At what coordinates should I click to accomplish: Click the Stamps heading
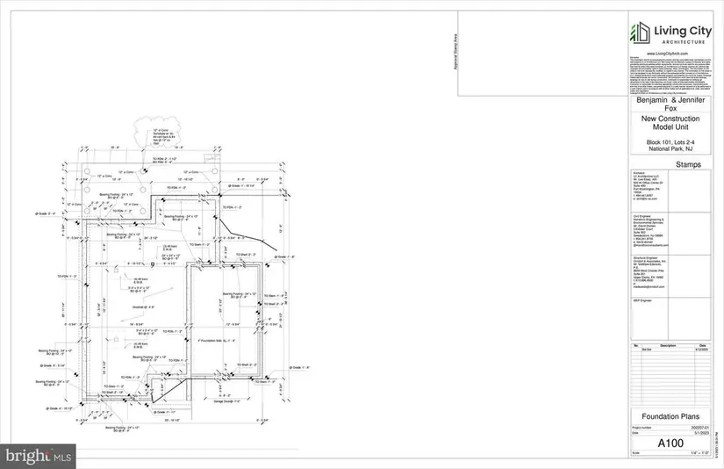[670, 163]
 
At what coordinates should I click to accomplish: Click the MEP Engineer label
[643, 300]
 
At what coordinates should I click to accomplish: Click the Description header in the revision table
[670, 345]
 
